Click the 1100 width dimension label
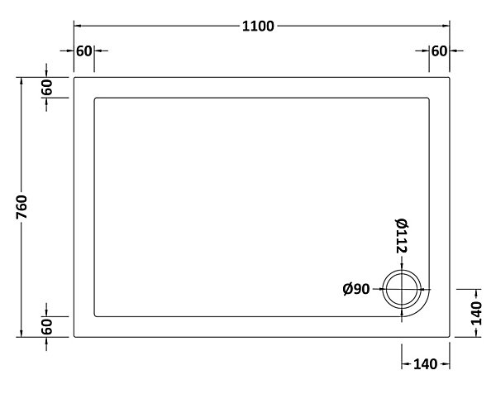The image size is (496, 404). pyautogui.click(x=258, y=26)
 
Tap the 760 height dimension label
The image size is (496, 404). pyautogui.click(x=21, y=207)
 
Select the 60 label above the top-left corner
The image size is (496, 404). pyautogui.click(x=83, y=51)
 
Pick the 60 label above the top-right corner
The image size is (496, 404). pyautogui.click(x=439, y=51)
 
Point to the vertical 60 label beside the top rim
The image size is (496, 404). pyautogui.click(x=47, y=88)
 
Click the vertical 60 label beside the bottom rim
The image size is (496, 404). pyautogui.click(x=47, y=327)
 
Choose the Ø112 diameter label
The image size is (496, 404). pyautogui.click(x=402, y=236)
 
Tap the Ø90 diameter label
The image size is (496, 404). pyautogui.click(x=356, y=289)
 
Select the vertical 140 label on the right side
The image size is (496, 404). pyautogui.click(x=476, y=314)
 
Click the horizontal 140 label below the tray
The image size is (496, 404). pyautogui.click(x=425, y=364)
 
